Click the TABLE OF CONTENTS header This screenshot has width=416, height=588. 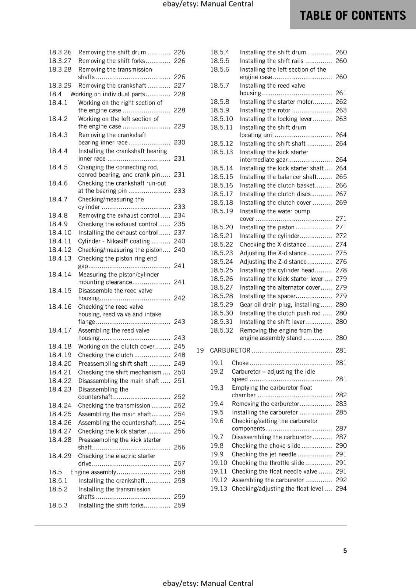point(352,15)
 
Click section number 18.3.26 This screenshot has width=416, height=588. point(60,53)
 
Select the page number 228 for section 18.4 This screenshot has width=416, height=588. point(179,94)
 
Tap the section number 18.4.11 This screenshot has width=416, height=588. point(60,241)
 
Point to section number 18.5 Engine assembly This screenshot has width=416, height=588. point(55,472)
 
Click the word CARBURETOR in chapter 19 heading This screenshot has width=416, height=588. point(230,351)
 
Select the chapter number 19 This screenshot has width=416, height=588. point(200,351)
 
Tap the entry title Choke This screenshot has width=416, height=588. point(240,363)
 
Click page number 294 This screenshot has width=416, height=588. point(341,489)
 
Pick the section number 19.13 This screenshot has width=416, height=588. point(219,489)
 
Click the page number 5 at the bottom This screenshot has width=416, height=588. point(345,551)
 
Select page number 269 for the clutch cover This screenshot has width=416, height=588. point(341,202)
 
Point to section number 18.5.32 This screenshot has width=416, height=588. point(222,330)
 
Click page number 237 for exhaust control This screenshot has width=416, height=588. point(179,233)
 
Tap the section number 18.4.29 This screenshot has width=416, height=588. point(60,456)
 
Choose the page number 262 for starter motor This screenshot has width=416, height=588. point(341,102)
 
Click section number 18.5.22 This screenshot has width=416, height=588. point(222,244)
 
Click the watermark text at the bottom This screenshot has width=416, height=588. point(208,583)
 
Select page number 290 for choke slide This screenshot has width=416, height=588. point(341,446)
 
